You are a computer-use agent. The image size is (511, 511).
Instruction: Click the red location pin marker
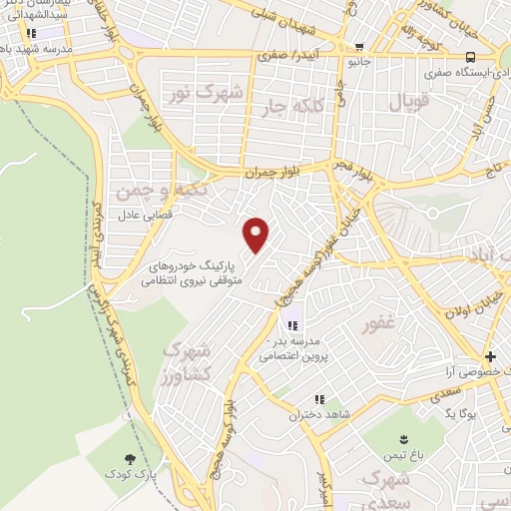(x=257, y=236)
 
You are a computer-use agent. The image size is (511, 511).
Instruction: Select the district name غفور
(x=380, y=322)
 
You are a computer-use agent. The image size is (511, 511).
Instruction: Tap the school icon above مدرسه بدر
(x=292, y=325)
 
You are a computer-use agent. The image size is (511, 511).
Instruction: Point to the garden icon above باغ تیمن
(x=404, y=440)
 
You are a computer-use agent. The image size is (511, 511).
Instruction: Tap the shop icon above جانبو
(x=359, y=46)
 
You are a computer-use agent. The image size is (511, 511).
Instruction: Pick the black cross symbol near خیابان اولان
(x=489, y=356)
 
